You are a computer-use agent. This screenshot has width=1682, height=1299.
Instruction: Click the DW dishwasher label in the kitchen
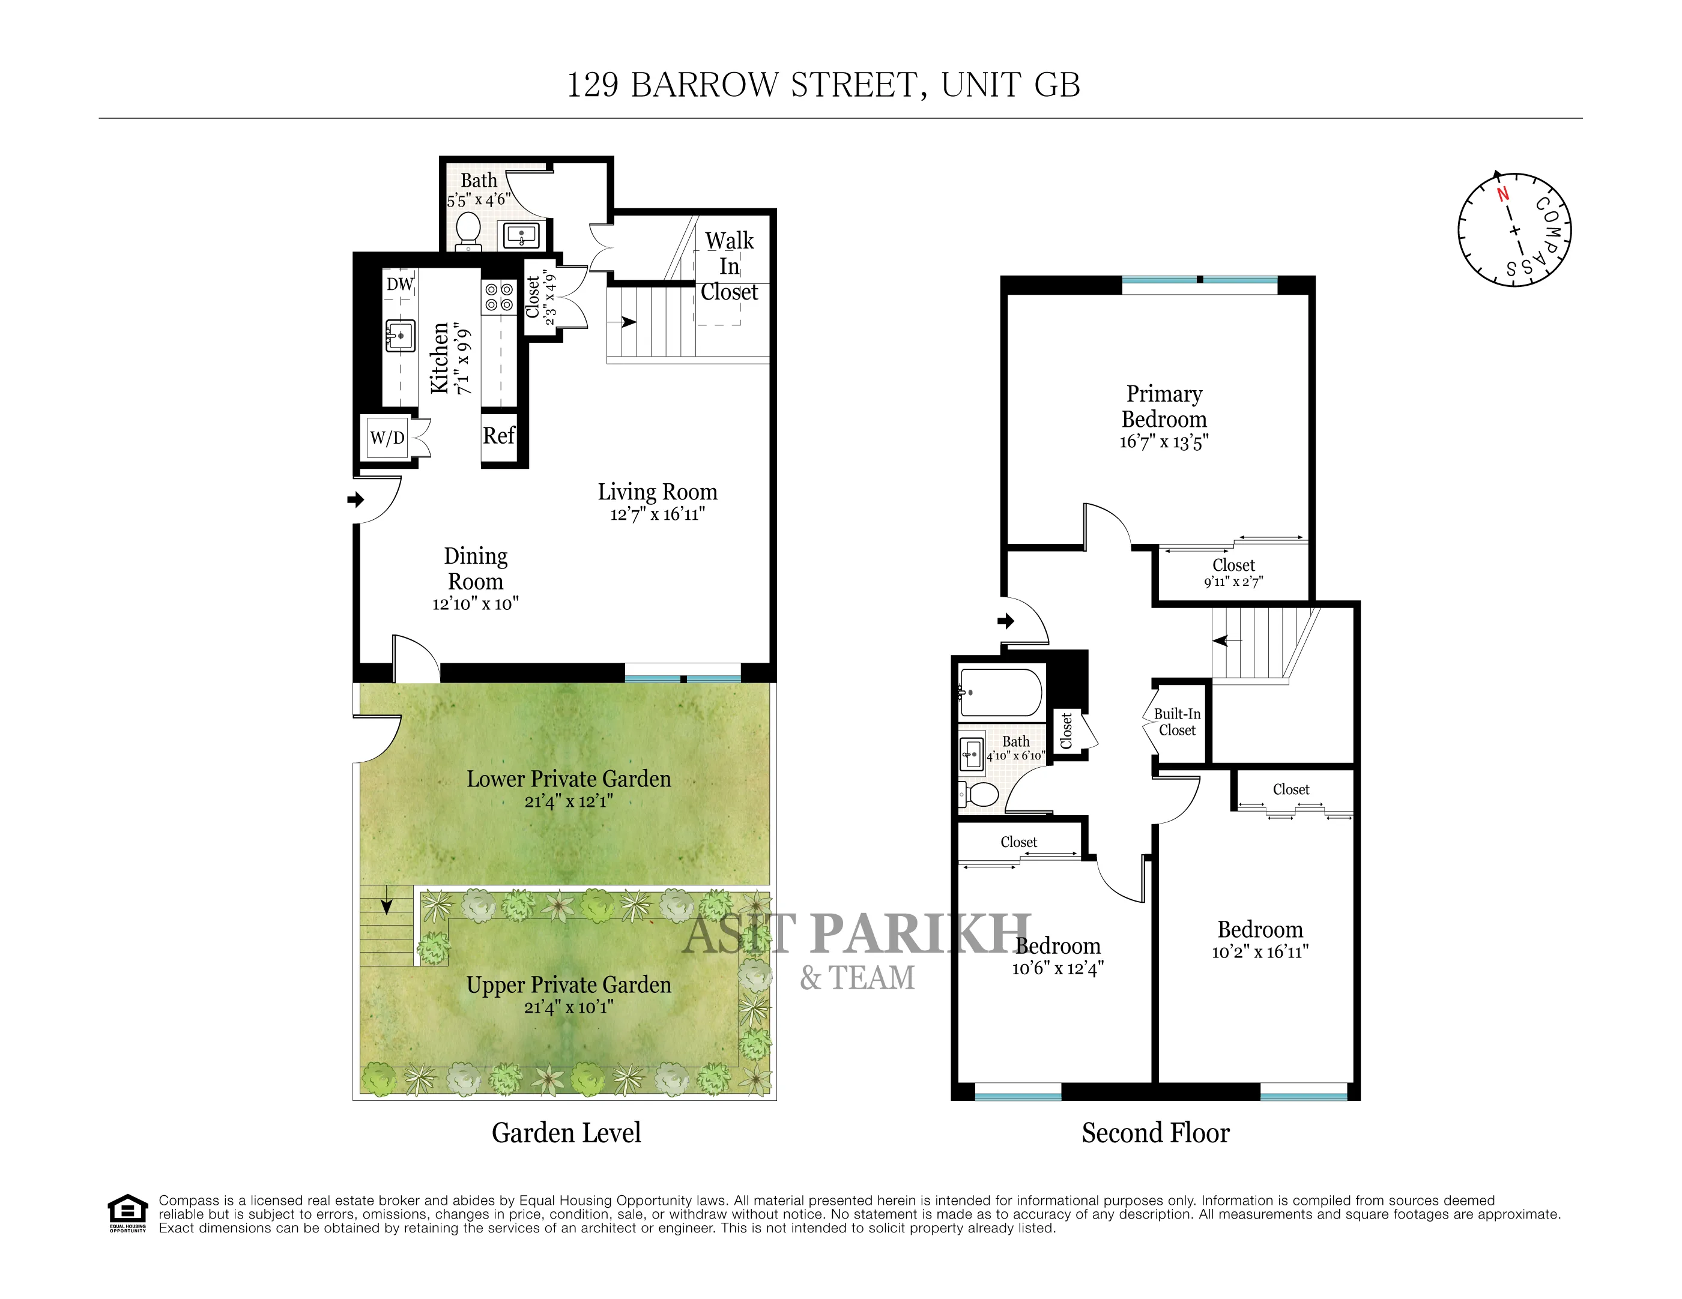[400, 284]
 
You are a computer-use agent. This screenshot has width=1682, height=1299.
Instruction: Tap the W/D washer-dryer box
[387, 438]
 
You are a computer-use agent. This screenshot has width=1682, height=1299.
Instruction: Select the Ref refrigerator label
[499, 436]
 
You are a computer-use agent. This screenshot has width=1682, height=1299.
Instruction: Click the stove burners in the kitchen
[499, 297]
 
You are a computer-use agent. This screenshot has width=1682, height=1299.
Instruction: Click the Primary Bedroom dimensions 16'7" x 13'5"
[1164, 442]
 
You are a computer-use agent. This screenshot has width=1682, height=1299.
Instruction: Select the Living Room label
[658, 492]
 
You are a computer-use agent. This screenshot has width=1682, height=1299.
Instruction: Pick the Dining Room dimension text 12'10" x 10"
[475, 604]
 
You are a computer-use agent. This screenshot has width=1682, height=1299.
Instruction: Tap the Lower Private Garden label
[568, 779]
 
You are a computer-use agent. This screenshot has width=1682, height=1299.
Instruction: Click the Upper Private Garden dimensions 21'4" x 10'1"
[568, 1007]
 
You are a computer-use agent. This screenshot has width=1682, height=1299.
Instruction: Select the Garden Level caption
[566, 1133]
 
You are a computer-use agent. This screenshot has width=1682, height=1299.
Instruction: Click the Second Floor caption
[1155, 1133]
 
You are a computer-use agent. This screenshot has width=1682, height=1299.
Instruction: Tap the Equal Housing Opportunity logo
[127, 1213]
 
